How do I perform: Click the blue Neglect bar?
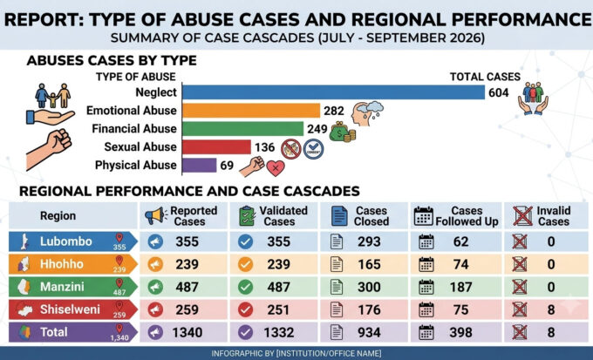click(x=333, y=92)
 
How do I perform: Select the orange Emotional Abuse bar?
click(x=251, y=111)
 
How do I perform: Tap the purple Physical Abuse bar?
click(x=200, y=166)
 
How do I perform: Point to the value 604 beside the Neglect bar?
click(x=499, y=92)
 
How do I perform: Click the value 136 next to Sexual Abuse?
click(x=265, y=147)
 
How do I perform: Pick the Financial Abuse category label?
click(x=134, y=129)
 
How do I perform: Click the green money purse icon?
click(x=342, y=132)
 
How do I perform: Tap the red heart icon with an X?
click(x=276, y=168)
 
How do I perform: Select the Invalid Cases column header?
click(x=554, y=216)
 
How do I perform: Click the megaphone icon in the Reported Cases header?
click(x=155, y=215)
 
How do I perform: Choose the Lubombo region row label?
click(x=66, y=241)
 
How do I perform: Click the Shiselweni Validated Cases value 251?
click(x=278, y=309)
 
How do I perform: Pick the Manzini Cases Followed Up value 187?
click(x=460, y=287)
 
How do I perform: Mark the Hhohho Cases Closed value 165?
click(x=369, y=264)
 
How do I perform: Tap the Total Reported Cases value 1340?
click(x=187, y=332)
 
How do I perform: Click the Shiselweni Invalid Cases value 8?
click(x=551, y=309)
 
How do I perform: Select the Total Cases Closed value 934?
click(x=369, y=332)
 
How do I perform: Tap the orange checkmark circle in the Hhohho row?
click(x=245, y=264)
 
